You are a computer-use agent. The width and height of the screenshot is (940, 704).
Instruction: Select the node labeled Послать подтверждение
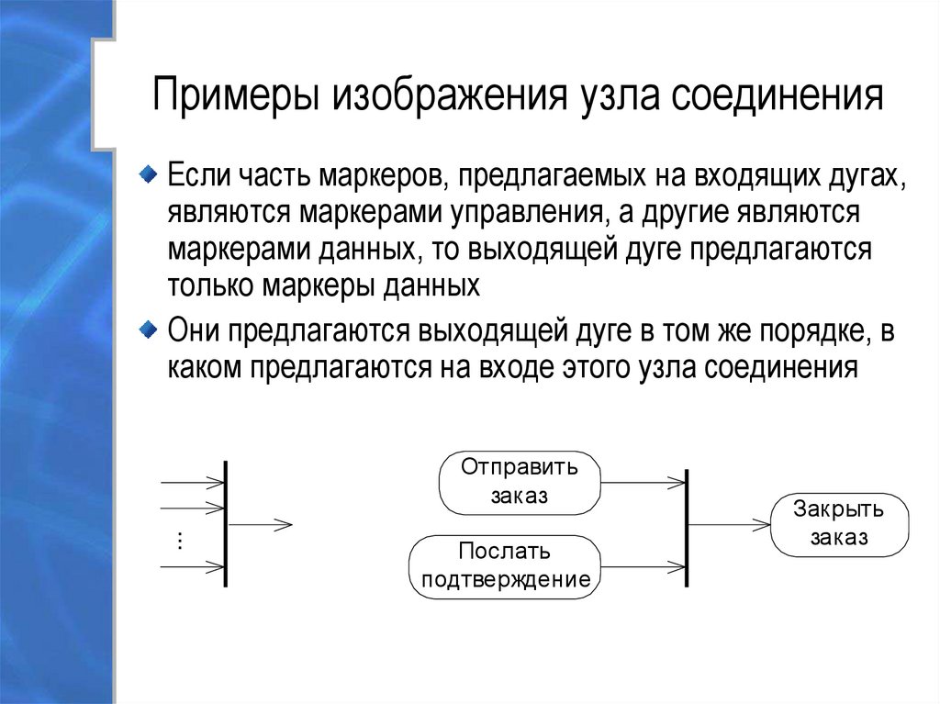505,567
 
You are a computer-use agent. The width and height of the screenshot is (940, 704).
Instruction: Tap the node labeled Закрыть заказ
839,524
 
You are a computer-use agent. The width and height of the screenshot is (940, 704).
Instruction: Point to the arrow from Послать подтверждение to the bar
643,565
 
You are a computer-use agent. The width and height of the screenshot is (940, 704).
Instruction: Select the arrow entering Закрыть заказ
729,525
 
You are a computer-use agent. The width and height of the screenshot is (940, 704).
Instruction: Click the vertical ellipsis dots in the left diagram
180,541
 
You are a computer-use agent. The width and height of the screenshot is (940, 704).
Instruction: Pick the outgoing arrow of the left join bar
260,525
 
